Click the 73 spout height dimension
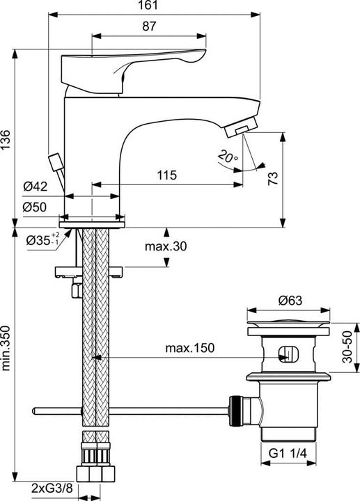tap(274, 178)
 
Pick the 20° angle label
tap(226, 157)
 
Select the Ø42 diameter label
tap(34, 186)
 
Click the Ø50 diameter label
tap(34, 207)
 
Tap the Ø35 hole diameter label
tap(43, 241)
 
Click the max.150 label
tap(189, 347)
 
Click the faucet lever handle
tap(132, 66)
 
